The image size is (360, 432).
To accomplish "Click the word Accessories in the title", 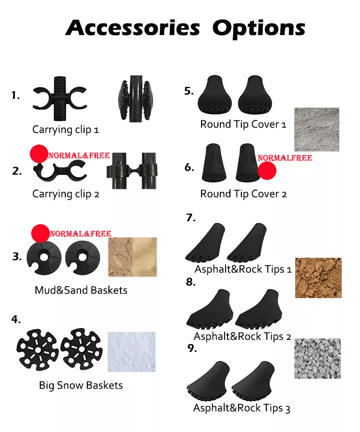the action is tap(133, 28).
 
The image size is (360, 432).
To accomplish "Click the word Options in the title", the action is tap(259, 29).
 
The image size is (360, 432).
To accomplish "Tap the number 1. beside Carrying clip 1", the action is tap(16, 96).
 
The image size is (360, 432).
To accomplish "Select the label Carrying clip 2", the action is tap(66, 194).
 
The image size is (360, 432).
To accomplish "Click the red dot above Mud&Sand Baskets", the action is tap(40, 233).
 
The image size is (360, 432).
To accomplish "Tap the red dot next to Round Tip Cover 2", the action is tap(267, 170).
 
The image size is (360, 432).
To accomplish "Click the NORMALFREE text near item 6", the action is tap(285, 158).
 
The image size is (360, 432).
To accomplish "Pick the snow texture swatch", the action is tap(132, 352).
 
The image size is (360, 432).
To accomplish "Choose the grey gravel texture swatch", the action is tap(317, 359).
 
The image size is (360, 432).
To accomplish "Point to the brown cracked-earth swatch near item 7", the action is tap(318, 278).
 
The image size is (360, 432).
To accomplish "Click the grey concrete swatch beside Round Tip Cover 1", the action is tap(317, 130).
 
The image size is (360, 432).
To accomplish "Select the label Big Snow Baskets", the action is tap(81, 385).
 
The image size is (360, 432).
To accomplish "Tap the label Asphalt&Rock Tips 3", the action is tap(241, 408).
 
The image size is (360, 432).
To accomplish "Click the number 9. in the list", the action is tap(192, 348).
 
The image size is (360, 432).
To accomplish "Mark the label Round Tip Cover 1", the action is tap(243, 124).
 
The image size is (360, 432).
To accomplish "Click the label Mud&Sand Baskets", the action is tap(81, 290).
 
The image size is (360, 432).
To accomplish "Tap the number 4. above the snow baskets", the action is tap(16, 320).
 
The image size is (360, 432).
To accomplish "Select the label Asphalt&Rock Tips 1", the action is tap(243, 269).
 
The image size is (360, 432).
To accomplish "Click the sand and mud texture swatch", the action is tap(132, 257).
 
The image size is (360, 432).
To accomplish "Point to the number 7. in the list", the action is tap(191, 218).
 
